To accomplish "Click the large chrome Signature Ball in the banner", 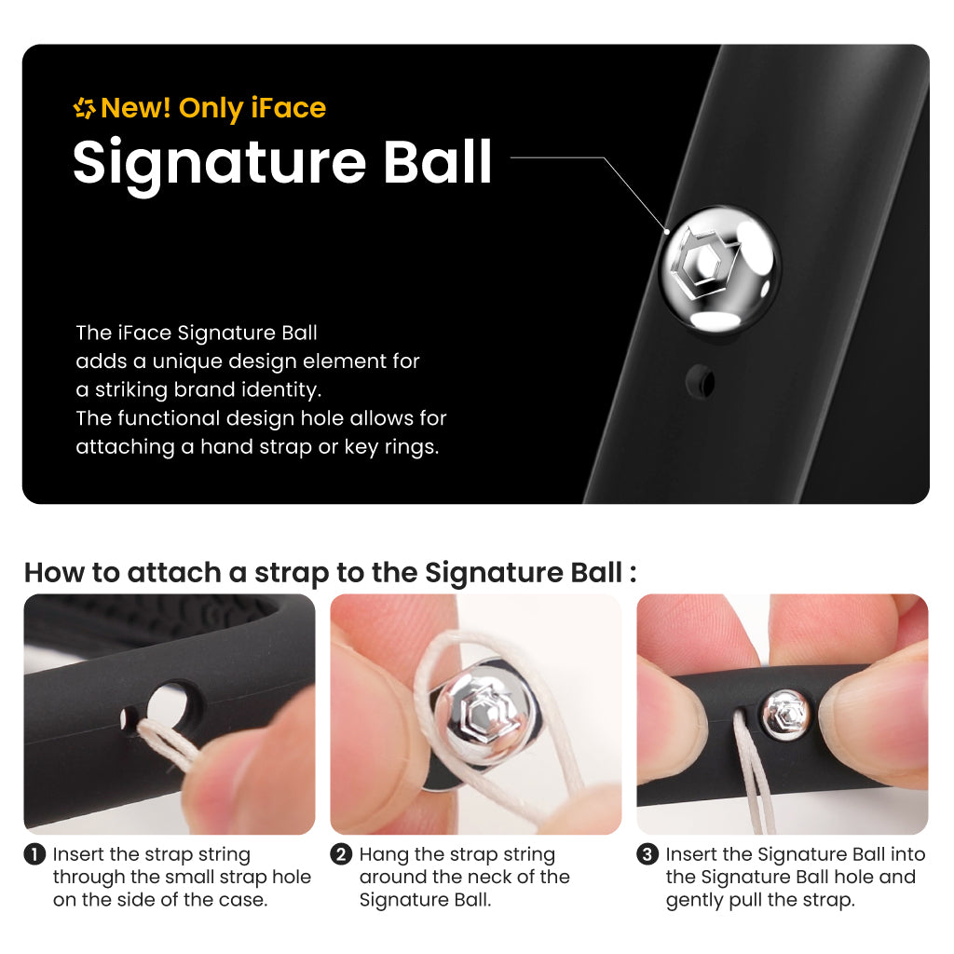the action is (x=720, y=269).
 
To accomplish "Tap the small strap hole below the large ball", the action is (x=701, y=382).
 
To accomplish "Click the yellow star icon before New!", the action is (x=85, y=108).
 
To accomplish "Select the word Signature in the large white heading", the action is (x=219, y=163).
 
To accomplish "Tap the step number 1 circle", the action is (x=34, y=854).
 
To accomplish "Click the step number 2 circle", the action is (x=341, y=854).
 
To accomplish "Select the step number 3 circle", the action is (x=647, y=854).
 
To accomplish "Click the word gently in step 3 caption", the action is (x=694, y=901).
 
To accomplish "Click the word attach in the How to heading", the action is (x=174, y=573).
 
